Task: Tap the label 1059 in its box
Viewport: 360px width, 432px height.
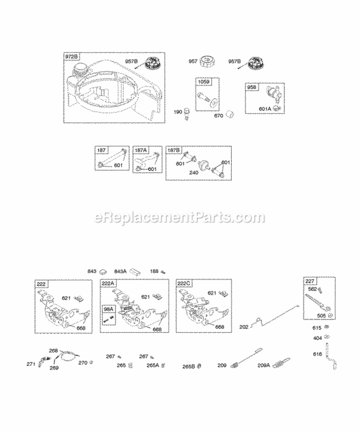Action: [203, 82]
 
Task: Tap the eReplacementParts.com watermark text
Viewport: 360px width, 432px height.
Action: [180, 217]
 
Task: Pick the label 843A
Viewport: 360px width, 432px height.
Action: [120, 271]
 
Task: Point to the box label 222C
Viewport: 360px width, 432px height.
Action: [184, 284]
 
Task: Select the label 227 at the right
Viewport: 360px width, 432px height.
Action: [310, 282]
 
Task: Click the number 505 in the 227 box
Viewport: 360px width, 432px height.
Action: [321, 315]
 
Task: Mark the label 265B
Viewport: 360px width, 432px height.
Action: [188, 366]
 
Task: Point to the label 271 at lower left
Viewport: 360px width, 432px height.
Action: [31, 364]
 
